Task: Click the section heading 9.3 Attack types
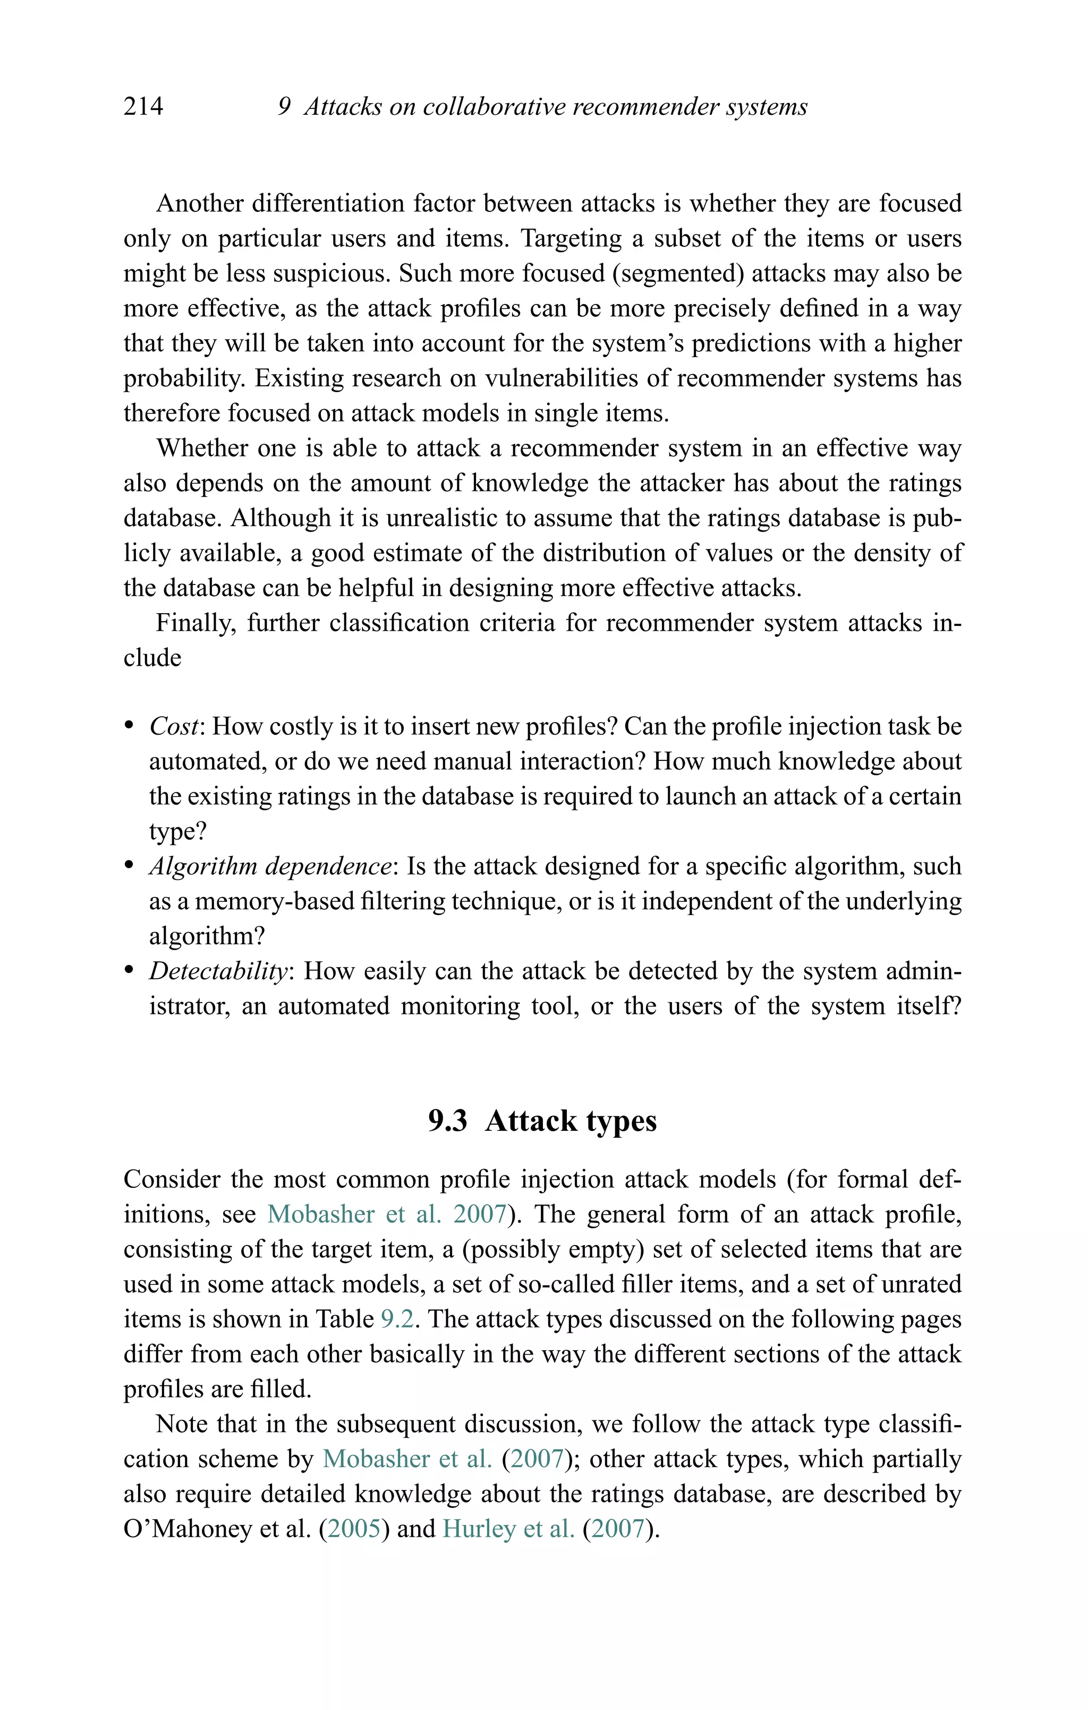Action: pyautogui.click(x=542, y=1121)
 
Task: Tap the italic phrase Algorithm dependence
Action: pyautogui.click(x=270, y=866)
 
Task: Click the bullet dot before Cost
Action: pyautogui.click(x=129, y=726)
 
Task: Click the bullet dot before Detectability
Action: pyautogui.click(x=129, y=970)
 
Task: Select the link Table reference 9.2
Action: pyautogui.click(x=397, y=1319)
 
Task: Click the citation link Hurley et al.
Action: pyautogui.click(x=508, y=1528)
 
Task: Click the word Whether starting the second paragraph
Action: pyautogui.click(x=201, y=448)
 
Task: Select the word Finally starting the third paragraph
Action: pyautogui.click(x=195, y=623)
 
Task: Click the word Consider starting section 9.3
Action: pyautogui.click(x=172, y=1180)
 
